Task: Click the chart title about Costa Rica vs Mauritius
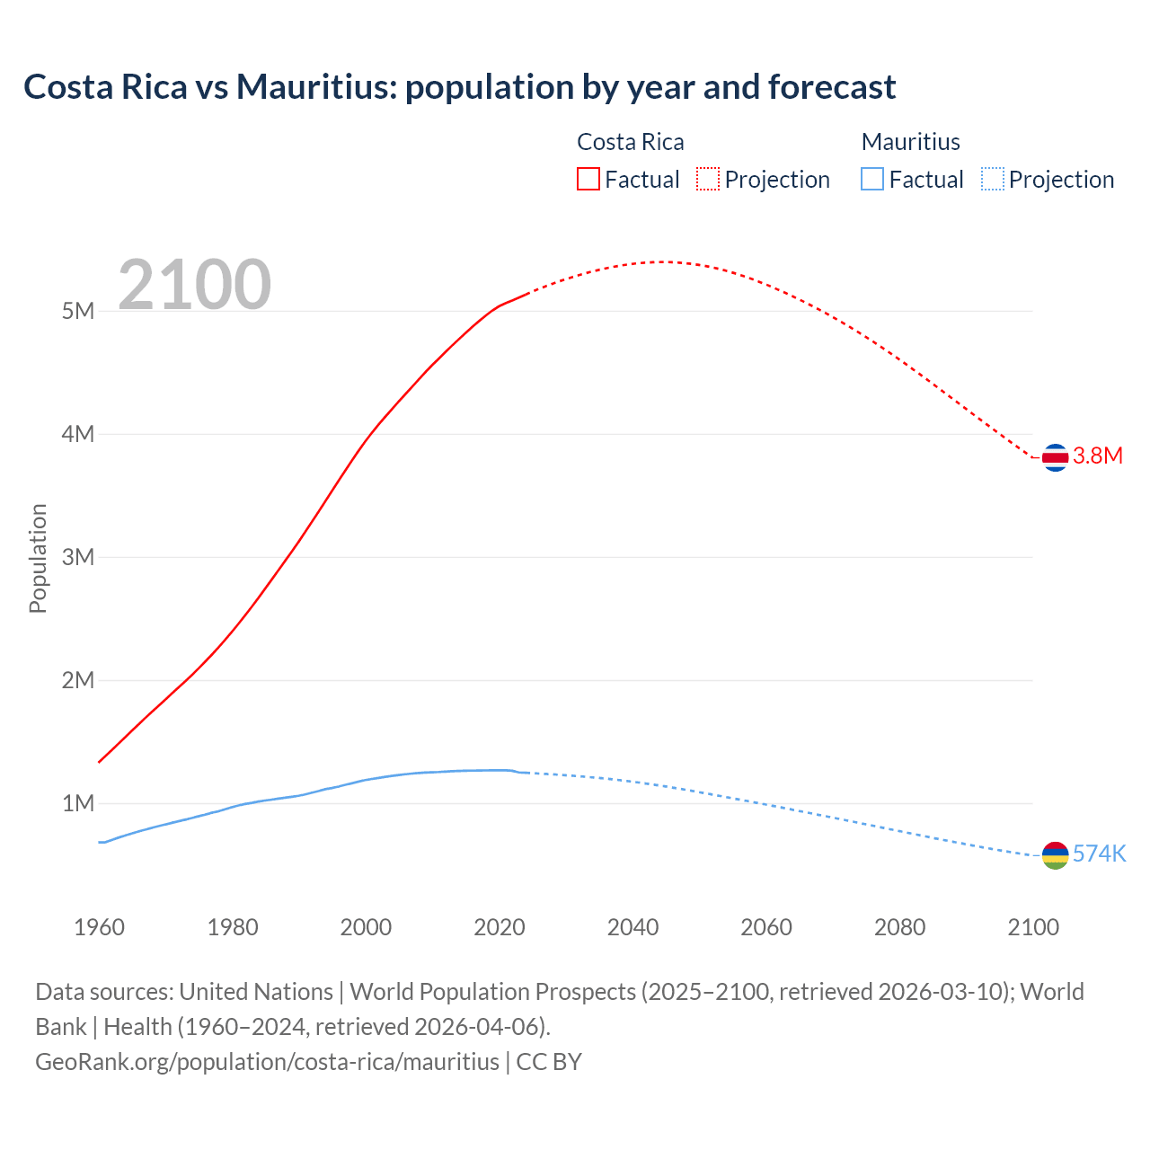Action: point(459,87)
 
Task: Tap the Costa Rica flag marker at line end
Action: point(1055,457)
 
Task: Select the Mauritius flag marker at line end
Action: point(1055,855)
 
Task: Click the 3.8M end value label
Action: point(1098,456)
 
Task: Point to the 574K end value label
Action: point(1099,854)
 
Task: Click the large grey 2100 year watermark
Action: point(194,285)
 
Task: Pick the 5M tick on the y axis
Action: point(78,311)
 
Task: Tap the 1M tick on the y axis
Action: point(78,803)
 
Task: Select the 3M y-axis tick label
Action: point(78,557)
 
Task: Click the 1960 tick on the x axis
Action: point(99,927)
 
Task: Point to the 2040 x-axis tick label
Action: point(632,927)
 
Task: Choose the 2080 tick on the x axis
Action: point(899,927)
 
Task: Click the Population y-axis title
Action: point(38,558)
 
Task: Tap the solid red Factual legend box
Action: point(588,179)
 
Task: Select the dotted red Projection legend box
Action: point(708,179)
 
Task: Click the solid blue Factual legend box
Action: point(872,179)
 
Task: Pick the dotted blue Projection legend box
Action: point(992,179)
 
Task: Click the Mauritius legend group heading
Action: point(910,142)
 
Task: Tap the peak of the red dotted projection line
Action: point(663,261)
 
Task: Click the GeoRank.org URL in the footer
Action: point(267,1061)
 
